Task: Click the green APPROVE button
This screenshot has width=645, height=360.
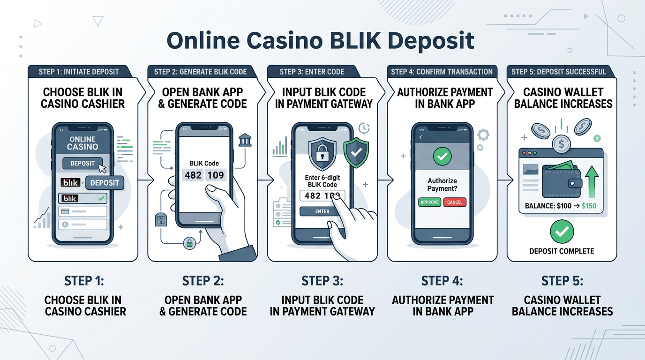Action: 429,202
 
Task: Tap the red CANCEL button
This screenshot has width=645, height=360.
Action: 455,202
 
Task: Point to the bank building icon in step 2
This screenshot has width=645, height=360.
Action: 245,140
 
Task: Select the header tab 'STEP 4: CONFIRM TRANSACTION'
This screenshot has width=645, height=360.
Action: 442,72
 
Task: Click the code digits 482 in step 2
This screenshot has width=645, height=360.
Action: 193,175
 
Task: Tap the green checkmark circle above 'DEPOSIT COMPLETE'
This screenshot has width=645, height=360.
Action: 562,231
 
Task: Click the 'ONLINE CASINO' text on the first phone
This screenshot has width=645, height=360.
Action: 82,143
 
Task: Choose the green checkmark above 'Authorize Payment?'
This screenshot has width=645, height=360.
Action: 442,157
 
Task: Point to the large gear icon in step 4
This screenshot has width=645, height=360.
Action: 483,135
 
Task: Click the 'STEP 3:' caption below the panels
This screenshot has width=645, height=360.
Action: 322,281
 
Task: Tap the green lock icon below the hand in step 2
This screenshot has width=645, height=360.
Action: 189,243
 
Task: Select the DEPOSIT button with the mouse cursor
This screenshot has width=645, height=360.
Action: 82,164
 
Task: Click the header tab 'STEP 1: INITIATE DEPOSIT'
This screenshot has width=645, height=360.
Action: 79,72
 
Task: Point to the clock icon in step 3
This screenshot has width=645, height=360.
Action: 363,128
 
